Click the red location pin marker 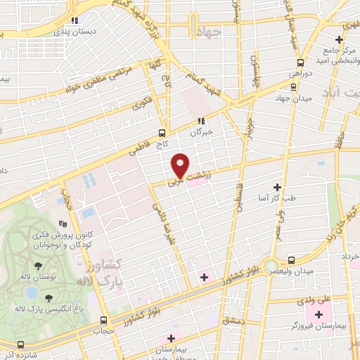[x=181, y=165]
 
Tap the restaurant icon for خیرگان [x=200, y=120]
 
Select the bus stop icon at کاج [x=162, y=131]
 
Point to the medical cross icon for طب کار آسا [x=277, y=187]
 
